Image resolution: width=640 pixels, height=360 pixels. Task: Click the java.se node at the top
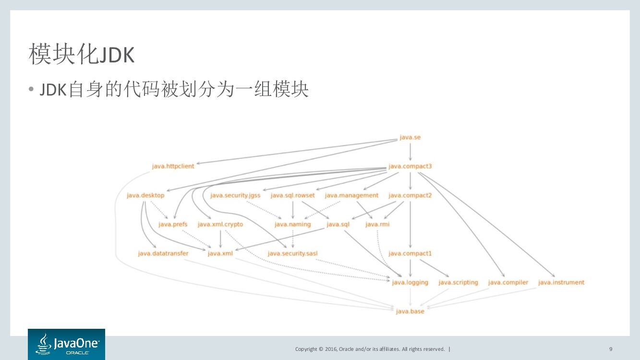click(410, 138)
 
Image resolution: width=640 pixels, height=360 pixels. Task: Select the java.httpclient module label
click(173, 167)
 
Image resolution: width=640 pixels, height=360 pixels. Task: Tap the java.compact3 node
click(410, 167)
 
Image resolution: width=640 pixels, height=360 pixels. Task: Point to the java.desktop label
click(145, 195)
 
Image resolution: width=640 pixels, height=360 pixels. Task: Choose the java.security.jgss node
click(235, 195)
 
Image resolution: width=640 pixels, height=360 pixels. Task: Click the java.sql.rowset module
click(293, 195)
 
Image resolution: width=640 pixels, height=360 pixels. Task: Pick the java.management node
click(351, 195)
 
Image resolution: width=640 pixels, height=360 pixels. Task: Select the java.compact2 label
click(410, 195)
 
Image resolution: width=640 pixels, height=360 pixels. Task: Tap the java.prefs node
click(173, 224)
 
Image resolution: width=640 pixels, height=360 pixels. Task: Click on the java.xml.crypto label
click(220, 224)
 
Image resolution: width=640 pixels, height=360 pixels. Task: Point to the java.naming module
click(293, 224)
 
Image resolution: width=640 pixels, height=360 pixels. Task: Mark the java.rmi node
click(377, 224)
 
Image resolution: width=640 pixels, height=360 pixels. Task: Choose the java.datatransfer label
click(163, 253)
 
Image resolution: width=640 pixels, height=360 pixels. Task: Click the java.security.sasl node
click(293, 253)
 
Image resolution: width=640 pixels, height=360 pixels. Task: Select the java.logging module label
click(410, 282)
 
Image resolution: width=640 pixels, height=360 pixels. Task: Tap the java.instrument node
click(561, 282)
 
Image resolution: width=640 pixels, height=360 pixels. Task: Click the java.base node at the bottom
click(410, 312)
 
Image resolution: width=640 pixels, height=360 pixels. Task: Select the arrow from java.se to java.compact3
click(410, 152)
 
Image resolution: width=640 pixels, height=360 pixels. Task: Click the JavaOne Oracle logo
click(66, 344)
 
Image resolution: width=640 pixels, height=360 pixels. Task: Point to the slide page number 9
click(611, 349)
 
